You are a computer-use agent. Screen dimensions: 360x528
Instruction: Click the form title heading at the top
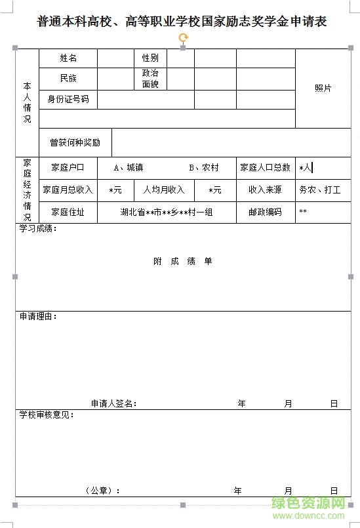click(x=182, y=22)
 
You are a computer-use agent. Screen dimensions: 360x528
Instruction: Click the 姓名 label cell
click(x=68, y=58)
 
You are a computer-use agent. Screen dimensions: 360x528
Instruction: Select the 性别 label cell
click(x=150, y=58)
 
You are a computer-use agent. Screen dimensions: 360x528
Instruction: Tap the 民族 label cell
click(x=68, y=78)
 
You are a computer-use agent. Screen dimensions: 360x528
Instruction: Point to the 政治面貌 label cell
click(x=150, y=78)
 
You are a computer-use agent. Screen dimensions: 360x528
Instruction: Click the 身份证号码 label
click(x=68, y=99)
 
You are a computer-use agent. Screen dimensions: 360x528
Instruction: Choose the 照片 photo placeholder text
click(x=323, y=88)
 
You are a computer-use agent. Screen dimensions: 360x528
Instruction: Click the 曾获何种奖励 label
click(x=75, y=142)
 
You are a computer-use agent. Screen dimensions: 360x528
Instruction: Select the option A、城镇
click(x=128, y=167)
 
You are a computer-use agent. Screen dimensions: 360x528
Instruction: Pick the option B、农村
click(x=204, y=167)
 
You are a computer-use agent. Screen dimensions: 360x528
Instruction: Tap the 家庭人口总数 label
click(x=265, y=167)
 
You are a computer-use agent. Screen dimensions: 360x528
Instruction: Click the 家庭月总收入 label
click(x=68, y=190)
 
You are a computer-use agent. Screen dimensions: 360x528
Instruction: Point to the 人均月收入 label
click(x=164, y=190)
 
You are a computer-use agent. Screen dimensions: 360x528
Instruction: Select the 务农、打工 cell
click(x=320, y=190)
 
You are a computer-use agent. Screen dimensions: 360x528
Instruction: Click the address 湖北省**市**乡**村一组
click(x=167, y=212)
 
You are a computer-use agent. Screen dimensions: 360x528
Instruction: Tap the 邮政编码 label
click(x=265, y=212)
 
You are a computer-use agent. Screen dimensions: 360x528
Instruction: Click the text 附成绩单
click(x=183, y=261)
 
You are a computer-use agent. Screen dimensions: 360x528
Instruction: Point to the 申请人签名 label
click(x=113, y=403)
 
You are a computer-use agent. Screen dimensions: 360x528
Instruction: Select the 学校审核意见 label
click(x=47, y=415)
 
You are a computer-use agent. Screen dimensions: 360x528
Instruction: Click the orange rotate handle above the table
click(x=183, y=37)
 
